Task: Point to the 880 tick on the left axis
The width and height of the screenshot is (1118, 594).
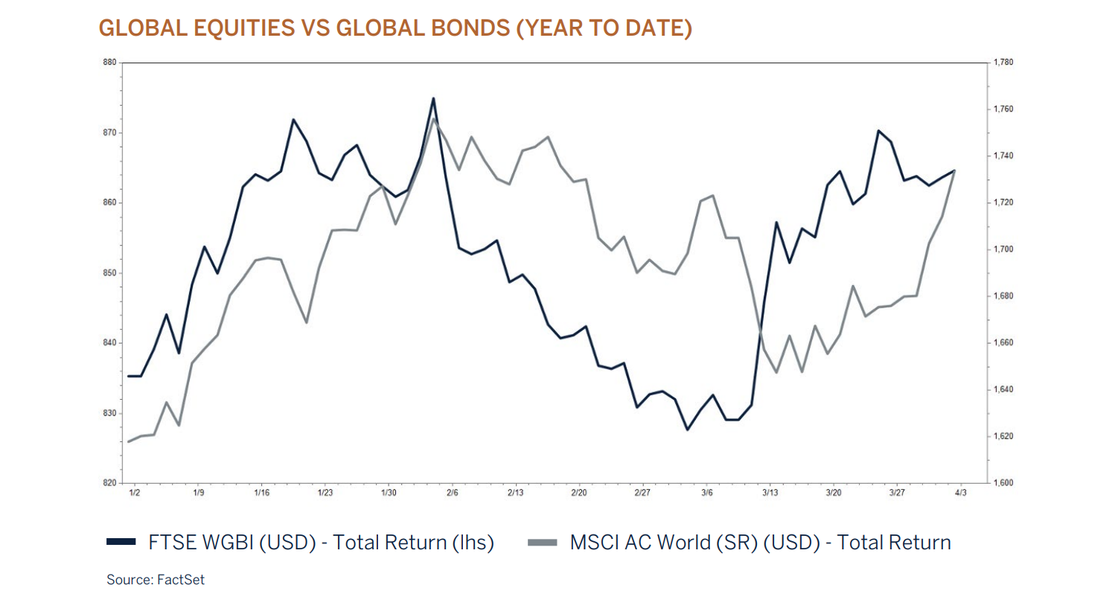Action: point(110,63)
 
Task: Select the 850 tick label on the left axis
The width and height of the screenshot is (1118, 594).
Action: point(110,273)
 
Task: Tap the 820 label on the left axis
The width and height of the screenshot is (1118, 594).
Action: point(110,483)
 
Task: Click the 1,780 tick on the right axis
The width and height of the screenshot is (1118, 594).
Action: point(1004,63)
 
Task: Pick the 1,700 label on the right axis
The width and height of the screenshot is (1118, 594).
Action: point(1004,249)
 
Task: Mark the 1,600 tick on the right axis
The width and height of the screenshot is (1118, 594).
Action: point(1004,483)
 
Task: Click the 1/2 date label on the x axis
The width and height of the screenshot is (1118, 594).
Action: point(135,493)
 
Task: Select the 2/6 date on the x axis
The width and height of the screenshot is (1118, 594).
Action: point(452,493)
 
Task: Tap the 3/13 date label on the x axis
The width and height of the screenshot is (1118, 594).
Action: point(770,493)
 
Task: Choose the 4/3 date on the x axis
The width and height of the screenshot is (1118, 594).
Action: point(961,493)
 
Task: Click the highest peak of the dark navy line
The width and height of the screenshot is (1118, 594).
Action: point(433,98)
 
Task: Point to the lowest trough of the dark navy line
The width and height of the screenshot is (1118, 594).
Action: point(687,429)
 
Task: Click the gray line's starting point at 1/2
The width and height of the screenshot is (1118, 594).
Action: point(129,441)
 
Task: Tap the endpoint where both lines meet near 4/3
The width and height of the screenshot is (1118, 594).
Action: point(954,170)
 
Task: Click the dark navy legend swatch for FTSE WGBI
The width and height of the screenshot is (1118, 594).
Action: point(121,543)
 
